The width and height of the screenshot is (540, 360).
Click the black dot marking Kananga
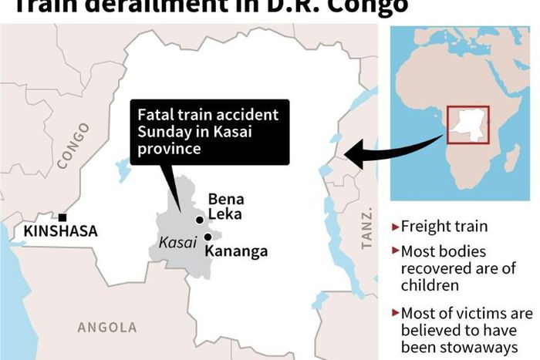208,237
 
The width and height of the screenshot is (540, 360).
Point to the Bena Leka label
226,207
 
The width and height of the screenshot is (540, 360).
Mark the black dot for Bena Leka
200,220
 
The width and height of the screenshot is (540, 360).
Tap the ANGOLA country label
107,328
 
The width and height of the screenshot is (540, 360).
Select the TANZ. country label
367,228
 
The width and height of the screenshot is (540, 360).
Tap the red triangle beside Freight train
396,227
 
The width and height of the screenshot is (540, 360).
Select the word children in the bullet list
427,285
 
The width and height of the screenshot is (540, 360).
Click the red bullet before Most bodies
396,251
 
